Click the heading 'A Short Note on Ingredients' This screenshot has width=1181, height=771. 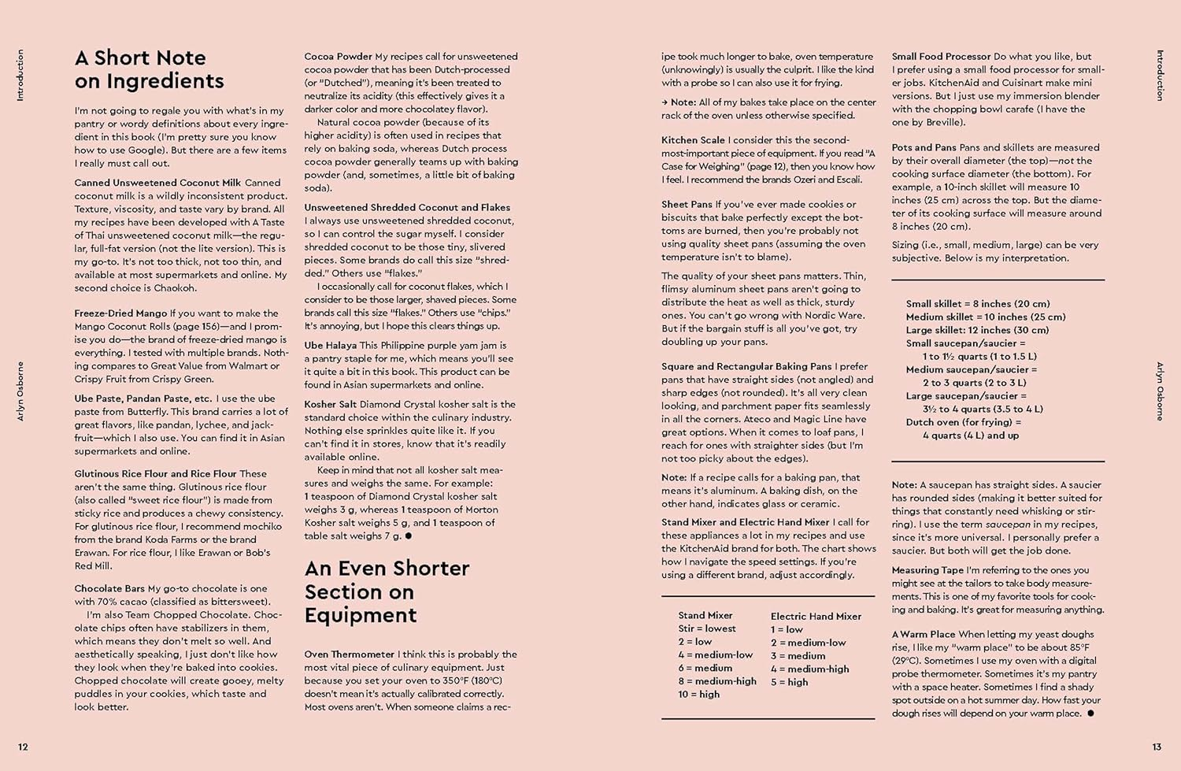tap(149, 69)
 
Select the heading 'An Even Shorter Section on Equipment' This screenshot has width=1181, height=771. tap(387, 591)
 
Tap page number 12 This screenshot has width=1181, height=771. tap(23, 747)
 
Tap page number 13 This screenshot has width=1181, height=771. tap(1157, 747)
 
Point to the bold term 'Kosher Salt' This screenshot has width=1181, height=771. tap(330, 404)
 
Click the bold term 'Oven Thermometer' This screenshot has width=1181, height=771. tap(350, 654)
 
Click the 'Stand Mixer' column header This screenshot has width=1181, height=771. tap(705, 616)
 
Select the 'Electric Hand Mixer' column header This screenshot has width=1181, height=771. tap(816, 617)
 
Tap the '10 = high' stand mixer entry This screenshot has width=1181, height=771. tap(699, 695)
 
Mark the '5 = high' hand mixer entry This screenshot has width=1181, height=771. tap(789, 682)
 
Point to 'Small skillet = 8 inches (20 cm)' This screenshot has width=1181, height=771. tap(978, 304)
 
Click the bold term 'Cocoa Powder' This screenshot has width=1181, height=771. tap(339, 57)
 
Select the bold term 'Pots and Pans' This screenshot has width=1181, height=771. tap(924, 147)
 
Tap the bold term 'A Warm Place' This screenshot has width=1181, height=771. tap(923, 634)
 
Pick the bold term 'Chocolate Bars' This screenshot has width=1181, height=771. tap(109, 588)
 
